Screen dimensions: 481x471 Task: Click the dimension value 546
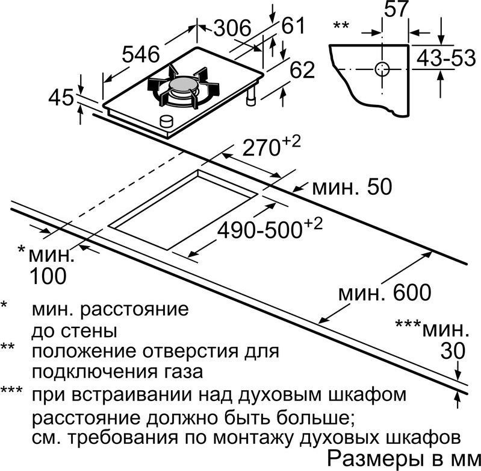[141, 55]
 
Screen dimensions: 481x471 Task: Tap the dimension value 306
[232, 28]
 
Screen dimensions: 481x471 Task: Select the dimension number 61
[293, 25]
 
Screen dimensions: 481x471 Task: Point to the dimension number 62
[302, 70]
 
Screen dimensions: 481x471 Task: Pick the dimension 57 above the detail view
[396, 9]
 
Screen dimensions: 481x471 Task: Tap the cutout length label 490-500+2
[270, 229]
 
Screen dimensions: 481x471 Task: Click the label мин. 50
[352, 187]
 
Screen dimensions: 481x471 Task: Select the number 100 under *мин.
[48, 276]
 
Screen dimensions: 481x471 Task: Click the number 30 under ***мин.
[453, 351]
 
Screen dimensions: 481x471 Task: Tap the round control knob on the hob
[167, 121]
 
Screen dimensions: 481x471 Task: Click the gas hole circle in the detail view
[382, 69]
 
